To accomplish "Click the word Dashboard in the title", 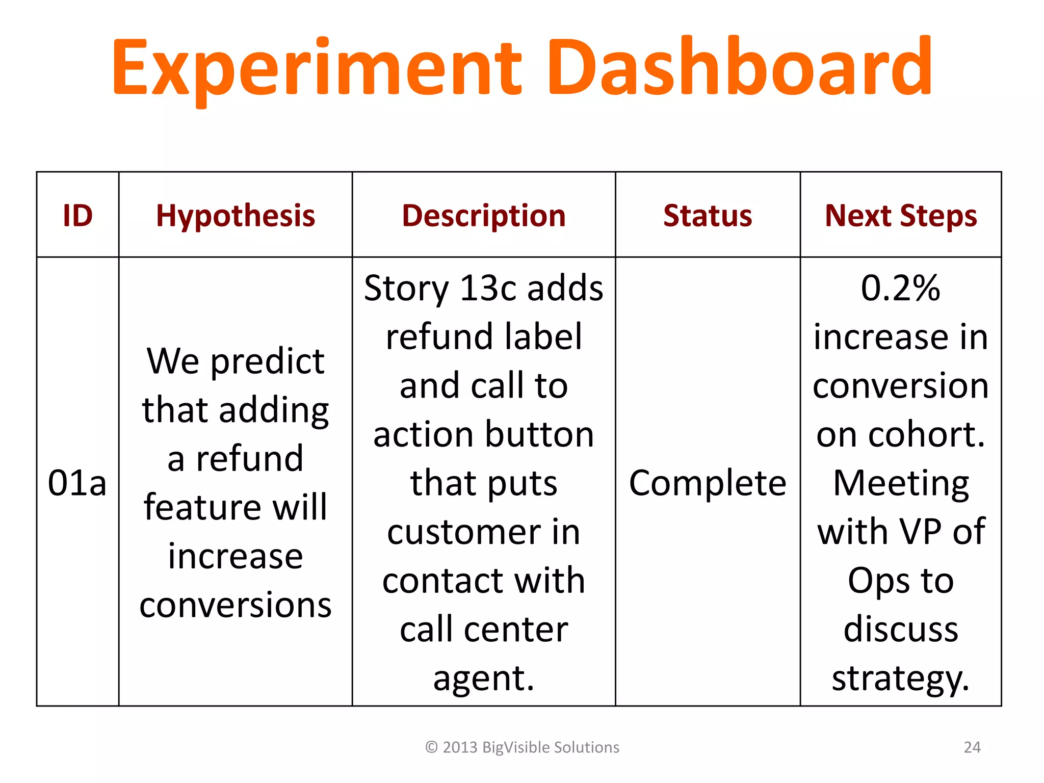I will click(739, 67).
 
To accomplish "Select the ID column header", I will click(77, 215).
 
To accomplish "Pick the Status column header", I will click(708, 215).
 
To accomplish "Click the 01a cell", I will click(77, 483).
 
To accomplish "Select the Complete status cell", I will click(708, 483).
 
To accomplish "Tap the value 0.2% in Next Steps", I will click(900, 288).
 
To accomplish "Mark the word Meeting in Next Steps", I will click(901, 483).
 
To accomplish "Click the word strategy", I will click(900, 679).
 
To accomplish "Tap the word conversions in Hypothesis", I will click(236, 605).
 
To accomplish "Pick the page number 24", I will click(972, 747).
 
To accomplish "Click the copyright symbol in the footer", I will click(431, 747).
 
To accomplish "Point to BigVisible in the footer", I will click(515, 747).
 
